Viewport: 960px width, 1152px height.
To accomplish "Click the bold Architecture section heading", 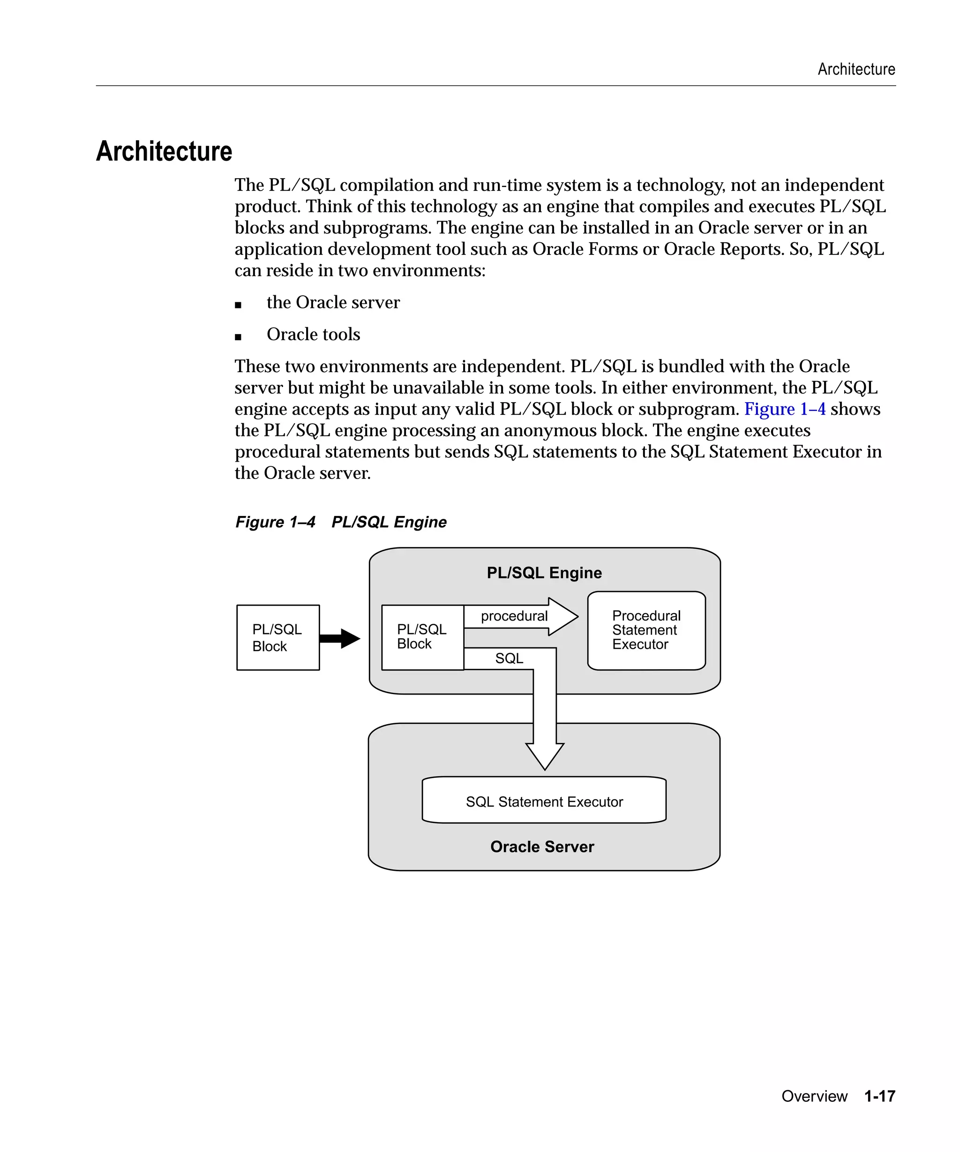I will [164, 151].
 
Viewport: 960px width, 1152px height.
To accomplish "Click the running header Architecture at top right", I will [856, 69].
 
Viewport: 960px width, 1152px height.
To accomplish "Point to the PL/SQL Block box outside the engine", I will [277, 637].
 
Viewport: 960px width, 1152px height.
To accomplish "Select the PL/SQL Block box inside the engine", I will [422, 637].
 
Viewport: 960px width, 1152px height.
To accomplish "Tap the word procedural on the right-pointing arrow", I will [514, 616].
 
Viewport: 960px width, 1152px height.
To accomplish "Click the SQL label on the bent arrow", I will [509, 658].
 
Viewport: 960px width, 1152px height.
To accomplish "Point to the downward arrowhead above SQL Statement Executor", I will [544, 757].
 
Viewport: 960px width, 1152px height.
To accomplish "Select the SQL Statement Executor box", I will [544, 801].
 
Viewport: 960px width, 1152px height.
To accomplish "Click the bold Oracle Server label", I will [542, 846].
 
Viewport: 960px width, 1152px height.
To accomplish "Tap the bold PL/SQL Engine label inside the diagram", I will [544, 573].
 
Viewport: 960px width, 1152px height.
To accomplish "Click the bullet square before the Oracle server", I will [238, 305].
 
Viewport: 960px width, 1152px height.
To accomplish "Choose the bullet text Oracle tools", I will [313, 334].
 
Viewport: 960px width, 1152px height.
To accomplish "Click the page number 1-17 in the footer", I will [879, 1096].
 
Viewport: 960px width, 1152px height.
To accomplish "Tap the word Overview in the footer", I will [814, 1096].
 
